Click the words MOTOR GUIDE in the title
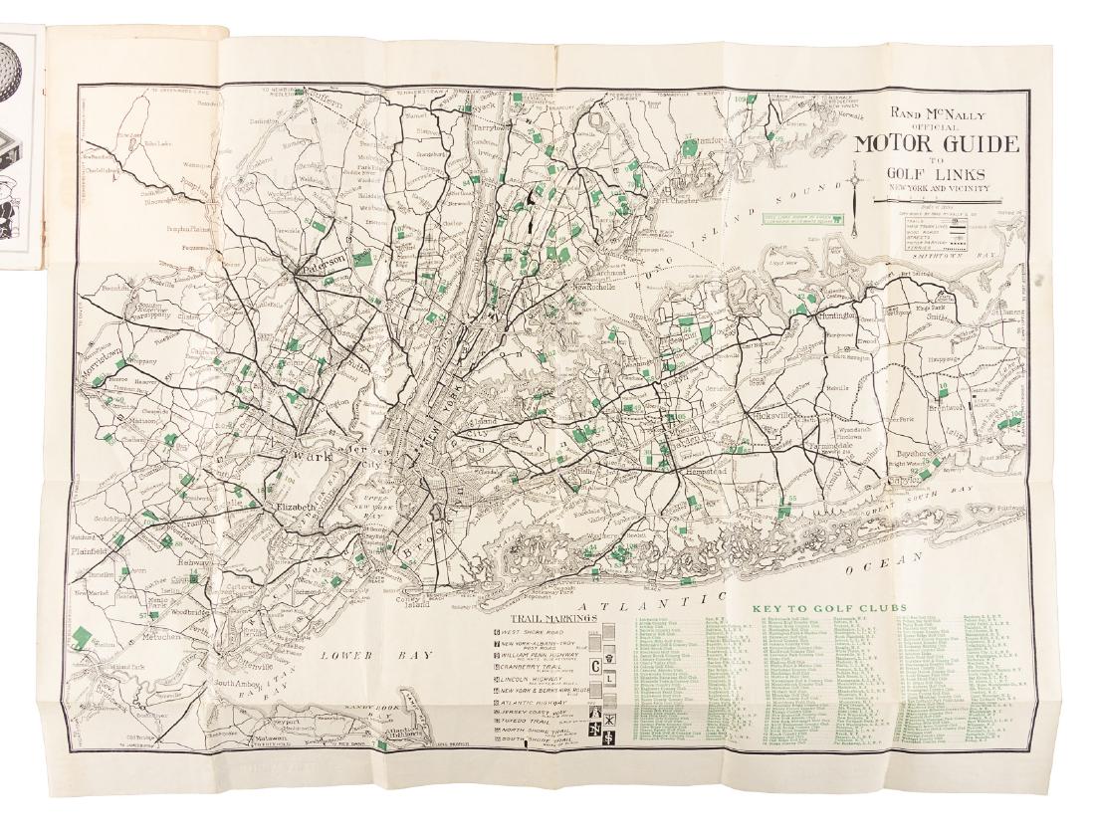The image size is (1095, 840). (x=937, y=143)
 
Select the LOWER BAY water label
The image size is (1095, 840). (x=351, y=655)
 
